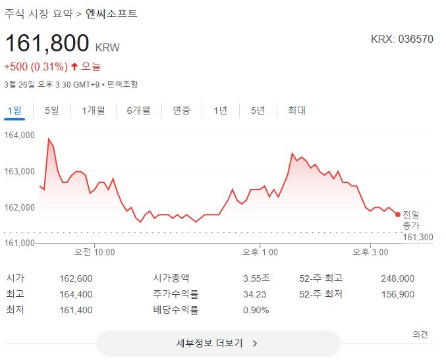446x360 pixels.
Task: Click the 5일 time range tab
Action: click(51, 111)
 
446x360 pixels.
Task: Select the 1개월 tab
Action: click(93, 111)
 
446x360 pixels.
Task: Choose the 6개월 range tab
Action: click(138, 111)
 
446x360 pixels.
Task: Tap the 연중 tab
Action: click(182, 111)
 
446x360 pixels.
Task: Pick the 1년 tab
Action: click(220, 111)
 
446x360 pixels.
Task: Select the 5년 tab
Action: click(258, 111)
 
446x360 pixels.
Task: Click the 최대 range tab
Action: click(296, 111)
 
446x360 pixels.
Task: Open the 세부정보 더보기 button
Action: click(218, 343)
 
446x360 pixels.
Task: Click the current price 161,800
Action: click(47, 43)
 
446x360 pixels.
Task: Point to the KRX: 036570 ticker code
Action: click(402, 39)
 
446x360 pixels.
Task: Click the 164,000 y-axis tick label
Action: click(20, 136)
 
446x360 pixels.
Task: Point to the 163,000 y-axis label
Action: click(20, 172)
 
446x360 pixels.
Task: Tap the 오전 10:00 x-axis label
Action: click(94, 252)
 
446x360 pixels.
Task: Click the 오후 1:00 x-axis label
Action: click(260, 252)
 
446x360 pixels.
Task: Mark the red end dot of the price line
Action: click(397, 214)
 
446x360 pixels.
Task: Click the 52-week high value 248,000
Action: click(397, 278)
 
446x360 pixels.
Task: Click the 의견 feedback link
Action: click(420, 334)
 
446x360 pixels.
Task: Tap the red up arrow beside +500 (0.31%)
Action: click(74, 66)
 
